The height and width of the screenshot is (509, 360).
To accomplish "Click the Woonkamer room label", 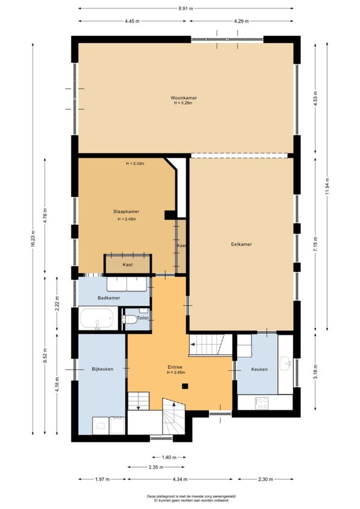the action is tap(184, 98).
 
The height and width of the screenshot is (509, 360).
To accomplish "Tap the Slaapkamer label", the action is tap(126, 212).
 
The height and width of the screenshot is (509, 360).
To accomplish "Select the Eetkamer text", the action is tap(242, 244).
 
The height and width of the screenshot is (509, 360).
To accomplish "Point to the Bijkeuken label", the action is tap(103, 369).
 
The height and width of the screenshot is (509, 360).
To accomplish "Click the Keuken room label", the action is tap(259, 369).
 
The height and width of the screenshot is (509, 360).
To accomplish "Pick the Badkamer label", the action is tap(109, 298).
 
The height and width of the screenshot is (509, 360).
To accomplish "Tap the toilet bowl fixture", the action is tap(130, 319).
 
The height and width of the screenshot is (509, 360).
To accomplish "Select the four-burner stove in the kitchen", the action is tap(262, 403).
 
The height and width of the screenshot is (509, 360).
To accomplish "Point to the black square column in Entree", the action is tap(185, 387).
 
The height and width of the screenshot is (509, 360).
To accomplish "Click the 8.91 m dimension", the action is tap(185, 9).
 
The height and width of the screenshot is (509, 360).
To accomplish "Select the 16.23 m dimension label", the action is tap(33, 239).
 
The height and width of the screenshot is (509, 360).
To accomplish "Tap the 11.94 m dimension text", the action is tap(327, 186).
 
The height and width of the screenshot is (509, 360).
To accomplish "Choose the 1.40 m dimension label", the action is tap(169, 458).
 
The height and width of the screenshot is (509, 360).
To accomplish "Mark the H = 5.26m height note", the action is tap(183, 103).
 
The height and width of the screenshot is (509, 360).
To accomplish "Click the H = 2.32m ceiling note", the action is tap(135, 164).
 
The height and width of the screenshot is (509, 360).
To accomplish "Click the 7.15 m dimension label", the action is tap(316, 245).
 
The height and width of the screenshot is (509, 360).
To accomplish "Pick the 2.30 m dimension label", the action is tap(266, 479).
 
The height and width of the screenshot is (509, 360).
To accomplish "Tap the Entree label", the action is tap(175, 367).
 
